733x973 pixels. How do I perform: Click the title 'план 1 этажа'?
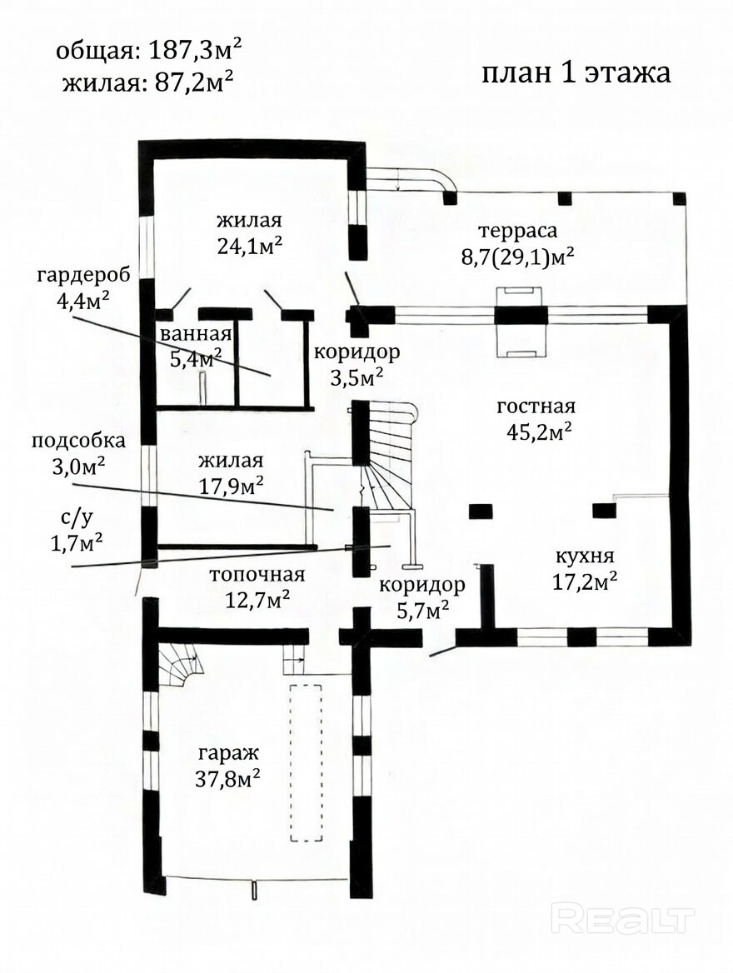coord(576,72)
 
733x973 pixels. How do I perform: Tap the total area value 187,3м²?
coord(194,50)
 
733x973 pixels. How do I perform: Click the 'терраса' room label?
coord(518,232)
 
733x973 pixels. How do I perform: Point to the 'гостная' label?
coord(536,407)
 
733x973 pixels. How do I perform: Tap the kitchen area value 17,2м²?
coord(585,581)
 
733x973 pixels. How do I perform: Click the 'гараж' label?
coord(227,754)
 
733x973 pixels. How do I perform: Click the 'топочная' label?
coord(257,576)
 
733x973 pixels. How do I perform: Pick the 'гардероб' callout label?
coord(84,276)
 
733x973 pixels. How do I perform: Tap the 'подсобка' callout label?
coord(78,442)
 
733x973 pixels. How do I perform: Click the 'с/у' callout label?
coord(76,516)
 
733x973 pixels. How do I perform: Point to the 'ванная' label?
coord(196,335)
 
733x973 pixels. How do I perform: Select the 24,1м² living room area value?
coord(250,247)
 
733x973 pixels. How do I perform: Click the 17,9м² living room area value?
coord(231,486)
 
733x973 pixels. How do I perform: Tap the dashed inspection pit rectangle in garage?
coord(306,762)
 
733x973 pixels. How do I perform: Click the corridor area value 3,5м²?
coord(357,377)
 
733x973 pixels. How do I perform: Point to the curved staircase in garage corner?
coord(180,663)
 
